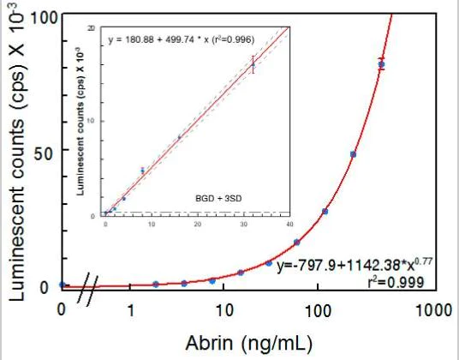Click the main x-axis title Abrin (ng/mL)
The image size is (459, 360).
[x=242, y=343]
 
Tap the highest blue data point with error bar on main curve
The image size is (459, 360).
[x=381, y=64]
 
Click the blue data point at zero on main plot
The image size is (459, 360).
[x=62, y=285]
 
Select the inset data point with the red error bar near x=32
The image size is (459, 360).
[x=253, y=64]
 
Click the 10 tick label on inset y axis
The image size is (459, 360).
[x=95, y=120]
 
